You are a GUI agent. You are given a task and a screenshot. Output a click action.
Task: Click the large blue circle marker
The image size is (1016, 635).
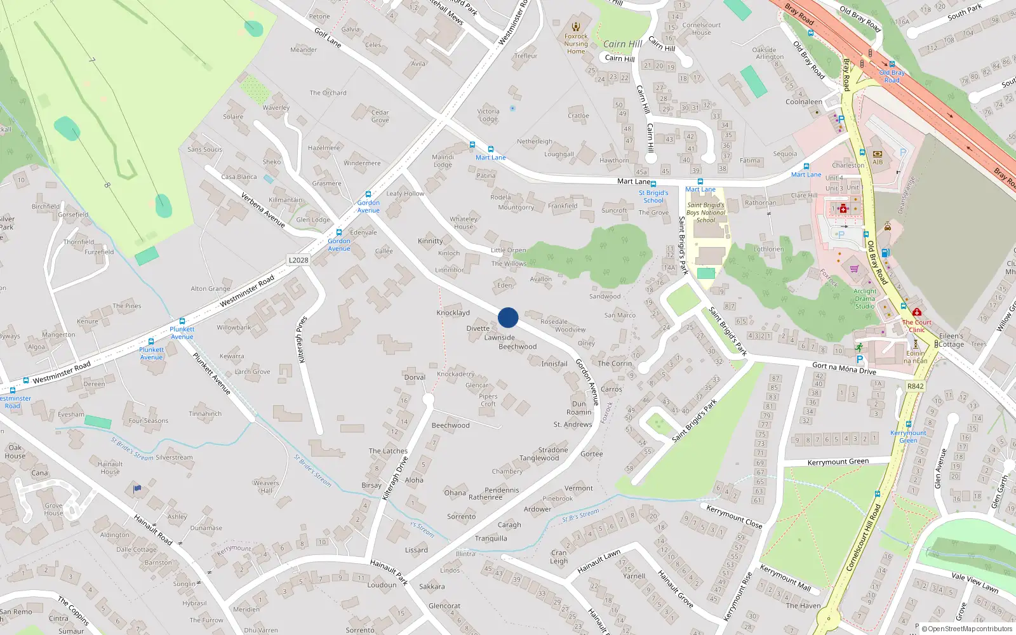(508, 317)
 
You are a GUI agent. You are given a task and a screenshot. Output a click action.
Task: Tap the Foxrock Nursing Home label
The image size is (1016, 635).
(576, 44)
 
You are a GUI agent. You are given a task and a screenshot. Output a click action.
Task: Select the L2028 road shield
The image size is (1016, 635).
(298, 260)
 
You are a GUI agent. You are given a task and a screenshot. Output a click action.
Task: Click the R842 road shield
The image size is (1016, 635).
(915, 386)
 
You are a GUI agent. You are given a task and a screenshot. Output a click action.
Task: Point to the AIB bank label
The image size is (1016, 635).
(878, 162)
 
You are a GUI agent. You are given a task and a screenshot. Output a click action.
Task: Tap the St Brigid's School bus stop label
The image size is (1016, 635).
(653, 196)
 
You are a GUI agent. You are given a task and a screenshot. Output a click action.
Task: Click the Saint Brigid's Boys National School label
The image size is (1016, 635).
(705, 213)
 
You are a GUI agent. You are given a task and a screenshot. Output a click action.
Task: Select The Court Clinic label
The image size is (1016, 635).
(917, 326)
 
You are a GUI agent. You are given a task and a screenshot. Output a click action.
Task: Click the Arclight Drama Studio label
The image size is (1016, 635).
(865, 298)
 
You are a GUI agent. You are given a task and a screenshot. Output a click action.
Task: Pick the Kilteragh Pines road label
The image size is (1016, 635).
(302, 340)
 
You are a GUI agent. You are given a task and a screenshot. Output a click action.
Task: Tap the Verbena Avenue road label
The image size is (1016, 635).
(263, 210)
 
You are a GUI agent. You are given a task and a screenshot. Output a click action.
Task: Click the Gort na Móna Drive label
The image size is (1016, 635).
(844, 368)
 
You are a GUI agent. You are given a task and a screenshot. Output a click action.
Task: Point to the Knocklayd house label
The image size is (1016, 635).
(453, 313)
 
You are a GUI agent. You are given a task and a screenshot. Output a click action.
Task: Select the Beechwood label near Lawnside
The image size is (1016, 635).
(518, 347)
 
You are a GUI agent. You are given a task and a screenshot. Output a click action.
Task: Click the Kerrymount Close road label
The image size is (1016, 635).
(734, 516)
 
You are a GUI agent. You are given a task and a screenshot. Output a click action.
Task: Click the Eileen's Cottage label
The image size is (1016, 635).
(951, 340)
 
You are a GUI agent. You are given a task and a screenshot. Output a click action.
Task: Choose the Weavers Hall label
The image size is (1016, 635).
(266, 486)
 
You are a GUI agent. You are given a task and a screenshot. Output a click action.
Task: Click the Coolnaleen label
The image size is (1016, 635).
(804, 102)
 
